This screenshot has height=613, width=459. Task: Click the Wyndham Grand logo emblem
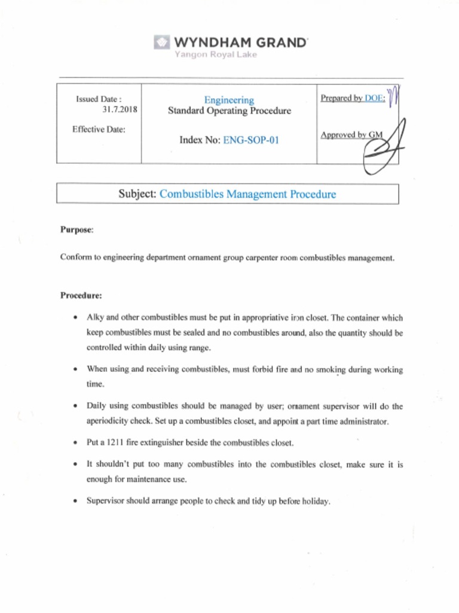pos(162,43)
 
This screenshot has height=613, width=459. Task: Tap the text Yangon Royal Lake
pos(215,55)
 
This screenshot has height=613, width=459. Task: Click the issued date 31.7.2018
pos(120,110)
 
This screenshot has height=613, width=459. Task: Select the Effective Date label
pos(99,129)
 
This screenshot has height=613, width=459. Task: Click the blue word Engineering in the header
pos(229,100)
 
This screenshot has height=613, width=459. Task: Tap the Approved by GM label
pos(351,135)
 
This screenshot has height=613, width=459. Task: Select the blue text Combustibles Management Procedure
pos(248,194)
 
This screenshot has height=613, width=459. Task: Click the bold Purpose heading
pos(76,230)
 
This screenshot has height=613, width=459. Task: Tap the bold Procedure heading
pos(81,296)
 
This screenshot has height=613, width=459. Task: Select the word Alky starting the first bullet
pos(96,318)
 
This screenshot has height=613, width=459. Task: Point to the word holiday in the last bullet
pos(316,501)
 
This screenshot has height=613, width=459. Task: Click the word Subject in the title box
pos(137,194)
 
